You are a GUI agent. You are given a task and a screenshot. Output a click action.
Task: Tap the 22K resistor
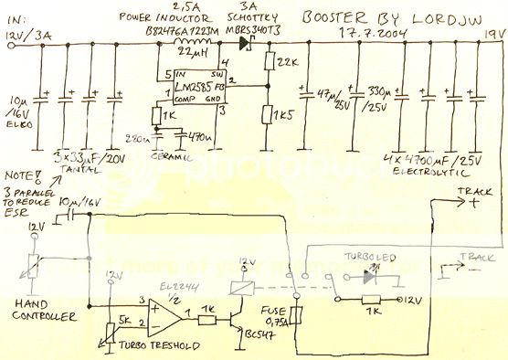(x=268, y=62)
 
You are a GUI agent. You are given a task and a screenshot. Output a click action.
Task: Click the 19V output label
(x=492, y=35)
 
